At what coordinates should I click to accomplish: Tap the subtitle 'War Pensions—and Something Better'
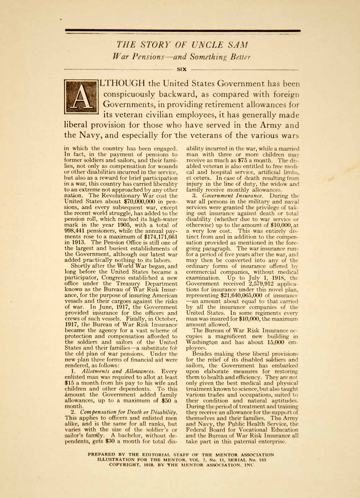click(180, 56)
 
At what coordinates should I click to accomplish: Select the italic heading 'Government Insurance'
click(227, 196)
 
